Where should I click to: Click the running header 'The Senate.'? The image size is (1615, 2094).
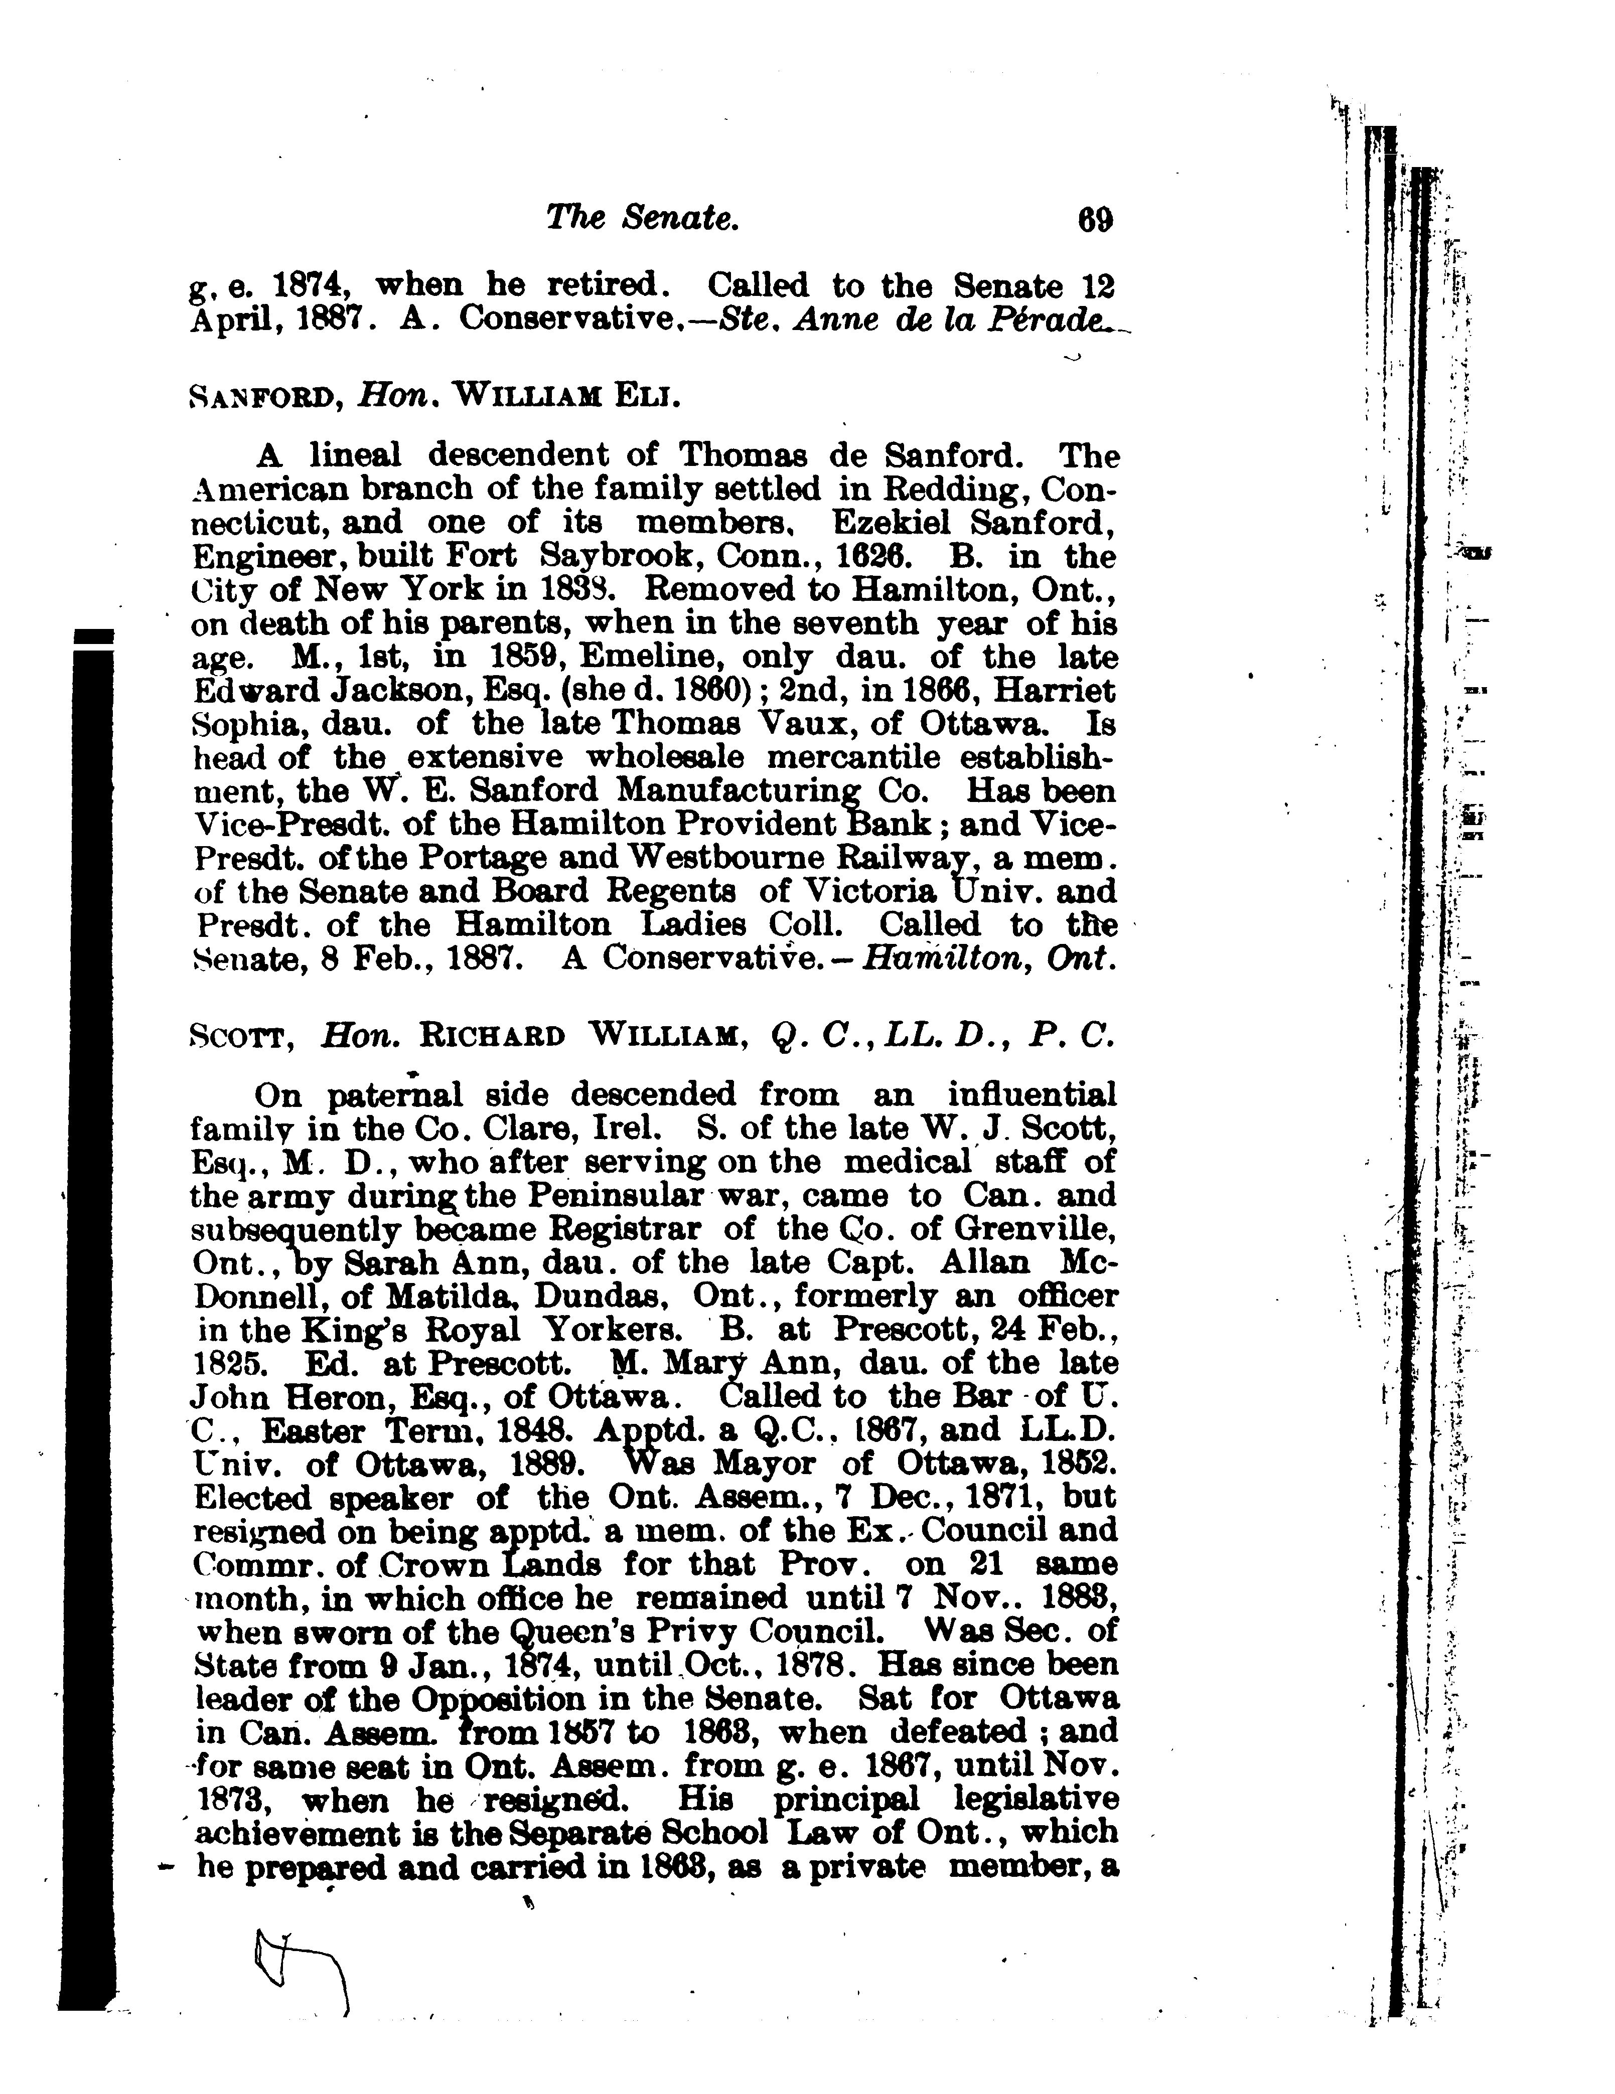(642, 220)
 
